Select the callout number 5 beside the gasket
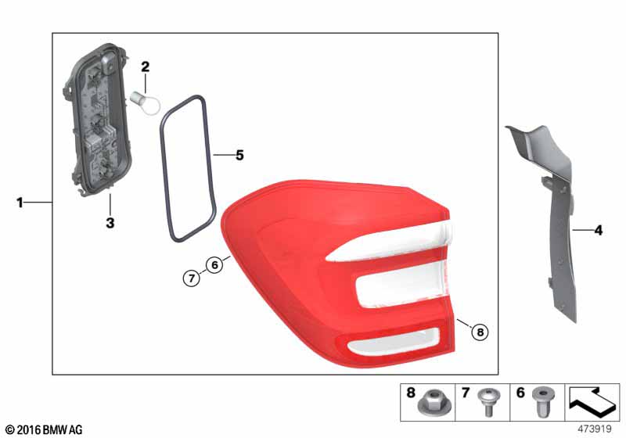click(x=239, y=155)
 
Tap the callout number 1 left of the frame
click(x=20, y=203)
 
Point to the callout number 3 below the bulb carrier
click(x=110, y=223)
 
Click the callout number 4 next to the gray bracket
click(x=598, y=230)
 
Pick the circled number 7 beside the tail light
click(x=192, y=278)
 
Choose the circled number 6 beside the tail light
click(x=214, y=264)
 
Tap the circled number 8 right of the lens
click(x=480, y=332)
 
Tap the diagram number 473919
click(x=595, y=429)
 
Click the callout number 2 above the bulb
click(x=146, y=66)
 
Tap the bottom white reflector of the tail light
click(x=394, y=343)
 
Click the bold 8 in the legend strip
click(x=411, y=393)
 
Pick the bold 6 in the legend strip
click(x=520, y=393)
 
